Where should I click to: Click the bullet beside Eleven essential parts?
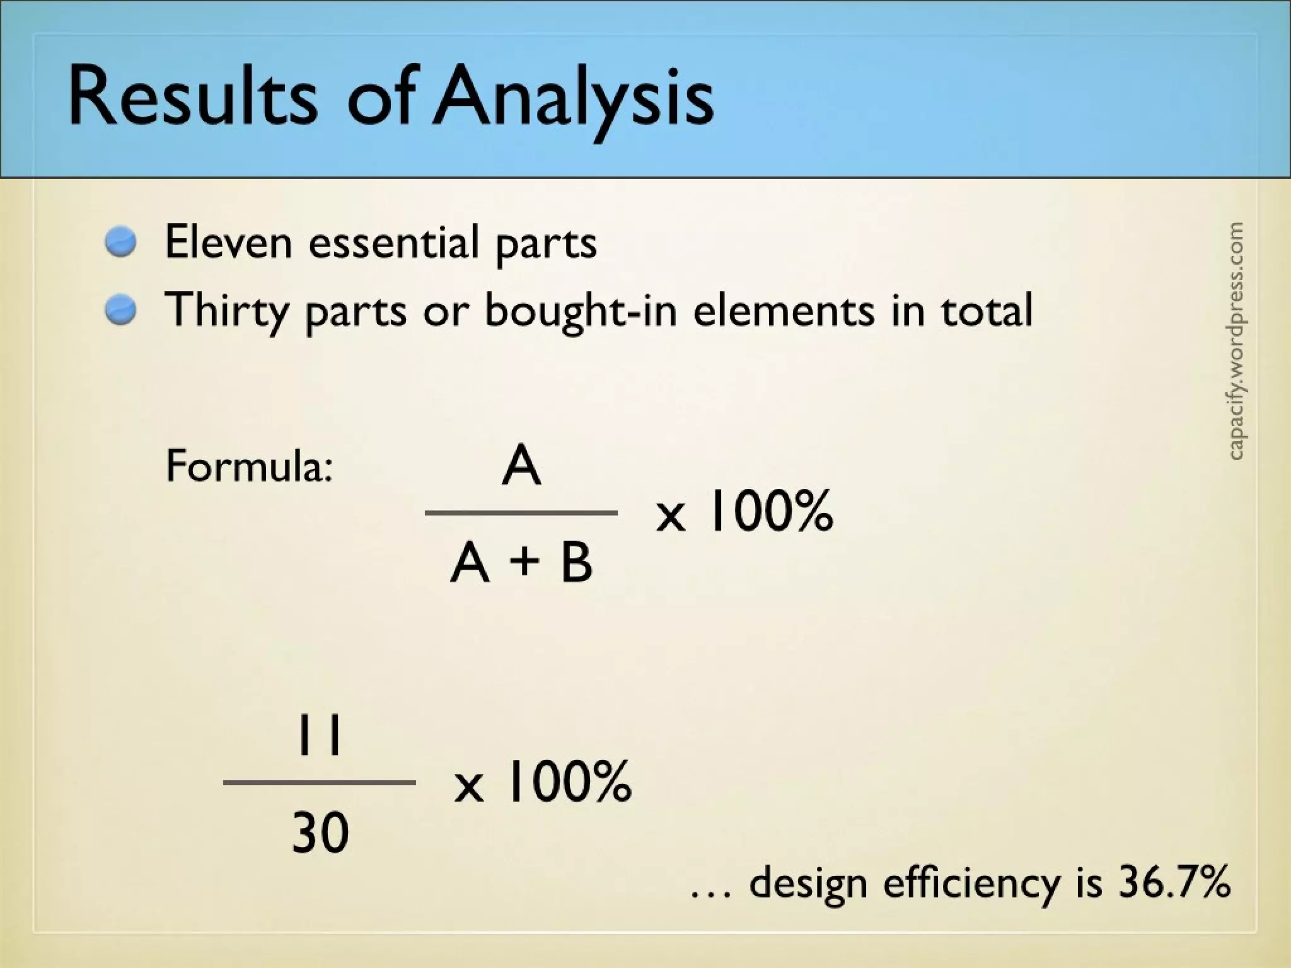click(121, 242)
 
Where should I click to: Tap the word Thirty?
click(227, 311)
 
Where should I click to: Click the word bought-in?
click(580, 311)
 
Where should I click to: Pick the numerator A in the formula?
click(521, 467)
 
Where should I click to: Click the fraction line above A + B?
click(521, 513)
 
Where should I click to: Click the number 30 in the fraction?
click(320, 833)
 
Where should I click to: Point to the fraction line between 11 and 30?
click(320, 783)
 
